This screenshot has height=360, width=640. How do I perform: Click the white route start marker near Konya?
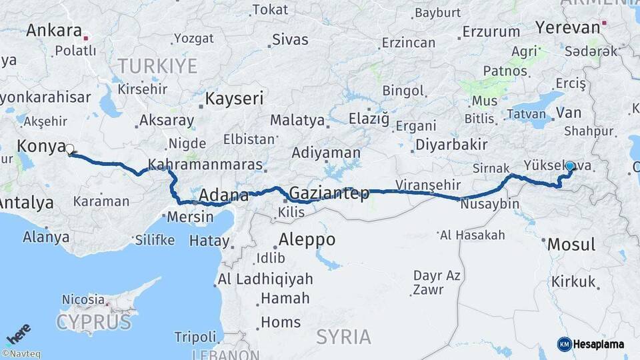coord(69,149)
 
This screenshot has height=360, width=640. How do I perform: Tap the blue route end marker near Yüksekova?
coord(569,166)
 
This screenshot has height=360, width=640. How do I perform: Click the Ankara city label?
coord(54,31)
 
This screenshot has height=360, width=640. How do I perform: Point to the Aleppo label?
coord(307,239)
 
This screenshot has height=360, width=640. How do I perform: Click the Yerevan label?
coord(567,27)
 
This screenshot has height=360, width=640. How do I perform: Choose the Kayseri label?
coord(233,99)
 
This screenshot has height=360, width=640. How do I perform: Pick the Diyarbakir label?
coord(451,145)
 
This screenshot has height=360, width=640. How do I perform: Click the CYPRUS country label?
coord(94,323)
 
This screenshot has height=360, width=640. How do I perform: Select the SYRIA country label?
coord(343,337)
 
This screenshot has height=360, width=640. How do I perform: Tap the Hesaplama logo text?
coord(598,344)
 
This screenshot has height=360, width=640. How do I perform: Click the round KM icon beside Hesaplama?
coord(564,344)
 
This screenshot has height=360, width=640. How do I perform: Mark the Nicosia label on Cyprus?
coord(83,299)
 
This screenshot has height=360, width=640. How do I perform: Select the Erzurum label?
coord(491,31)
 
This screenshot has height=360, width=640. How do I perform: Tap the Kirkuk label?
coord(573,282)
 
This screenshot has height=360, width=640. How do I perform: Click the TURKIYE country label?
coord(157,66)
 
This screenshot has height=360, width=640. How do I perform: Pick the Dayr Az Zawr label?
coord(437,282)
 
